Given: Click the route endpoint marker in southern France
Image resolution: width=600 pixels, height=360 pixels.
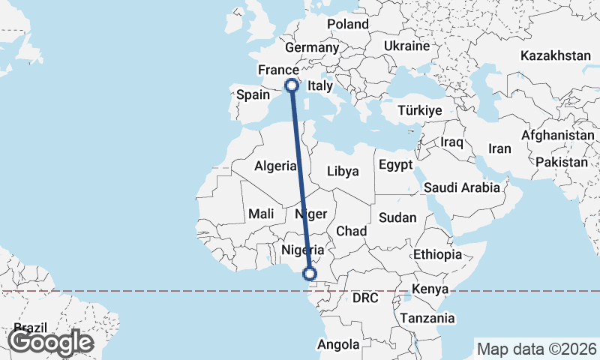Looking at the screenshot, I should (291, 85).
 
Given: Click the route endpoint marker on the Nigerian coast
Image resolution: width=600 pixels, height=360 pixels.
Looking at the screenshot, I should (310, 274).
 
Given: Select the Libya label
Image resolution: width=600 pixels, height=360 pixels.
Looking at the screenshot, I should (343, 171).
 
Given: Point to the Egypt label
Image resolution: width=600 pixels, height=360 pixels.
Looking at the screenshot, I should (396, 164).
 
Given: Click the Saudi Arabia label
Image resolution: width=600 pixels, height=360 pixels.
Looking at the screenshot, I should (461, 187).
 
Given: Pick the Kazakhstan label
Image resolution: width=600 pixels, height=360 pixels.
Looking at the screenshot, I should (556, 56).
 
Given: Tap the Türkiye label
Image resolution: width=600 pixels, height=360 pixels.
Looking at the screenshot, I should (420, 110).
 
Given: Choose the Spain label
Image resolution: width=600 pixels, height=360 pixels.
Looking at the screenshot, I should (253, 95).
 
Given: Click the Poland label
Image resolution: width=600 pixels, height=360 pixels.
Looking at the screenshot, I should (348, 24).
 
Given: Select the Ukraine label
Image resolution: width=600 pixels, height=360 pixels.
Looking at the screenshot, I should (406, 46).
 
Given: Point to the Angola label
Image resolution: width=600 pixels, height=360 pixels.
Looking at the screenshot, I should (339, 344).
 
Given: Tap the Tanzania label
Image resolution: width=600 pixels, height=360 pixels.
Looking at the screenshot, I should (427, 318).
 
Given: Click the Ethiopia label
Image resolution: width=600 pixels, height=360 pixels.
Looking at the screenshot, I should (437, 254).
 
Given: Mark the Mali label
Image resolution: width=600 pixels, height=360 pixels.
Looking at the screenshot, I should (261, 214).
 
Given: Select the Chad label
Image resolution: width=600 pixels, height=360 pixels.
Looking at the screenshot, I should (351, 231).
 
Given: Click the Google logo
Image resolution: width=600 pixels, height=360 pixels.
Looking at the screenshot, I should (50, 342).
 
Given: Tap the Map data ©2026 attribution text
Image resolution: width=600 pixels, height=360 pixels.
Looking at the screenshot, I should (536, 349).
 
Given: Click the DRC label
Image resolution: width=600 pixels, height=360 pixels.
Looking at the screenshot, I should (365, 298).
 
